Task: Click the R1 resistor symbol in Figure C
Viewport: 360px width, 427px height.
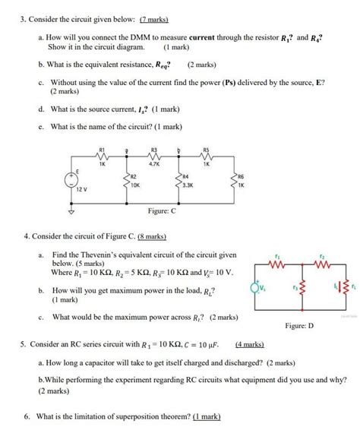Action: [x=102, y=156]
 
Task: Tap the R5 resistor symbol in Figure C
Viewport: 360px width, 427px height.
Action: [x=205, y=156]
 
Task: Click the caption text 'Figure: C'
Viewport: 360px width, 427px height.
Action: [x=162, y=211]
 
